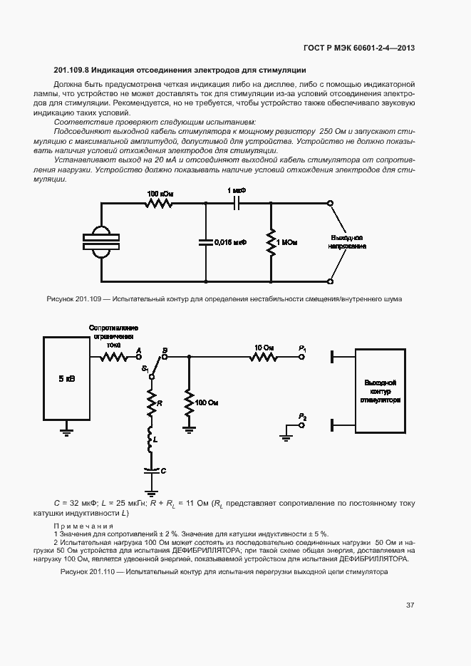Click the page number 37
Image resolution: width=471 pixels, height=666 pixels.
click(410, 605)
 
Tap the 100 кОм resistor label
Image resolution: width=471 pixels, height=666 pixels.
click(158, 194)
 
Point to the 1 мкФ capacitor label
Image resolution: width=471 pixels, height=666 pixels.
click(237, 191)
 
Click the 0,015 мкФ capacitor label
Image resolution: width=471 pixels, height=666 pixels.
click(230, 242)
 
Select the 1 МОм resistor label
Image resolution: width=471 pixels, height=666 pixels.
click(288, 243)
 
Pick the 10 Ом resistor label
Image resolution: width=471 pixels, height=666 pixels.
click(264, 348)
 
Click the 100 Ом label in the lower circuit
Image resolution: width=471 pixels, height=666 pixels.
click(207, 402)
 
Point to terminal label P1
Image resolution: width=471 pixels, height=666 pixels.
click(303, 348)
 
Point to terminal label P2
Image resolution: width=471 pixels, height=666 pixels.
click(303, 416)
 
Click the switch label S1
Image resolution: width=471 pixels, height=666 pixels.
click(145, 368)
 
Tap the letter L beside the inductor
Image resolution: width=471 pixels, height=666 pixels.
click(155, 442)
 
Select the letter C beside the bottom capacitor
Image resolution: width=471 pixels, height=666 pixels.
click(163, 471)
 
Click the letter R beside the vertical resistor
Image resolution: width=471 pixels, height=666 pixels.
click(160, 403)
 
